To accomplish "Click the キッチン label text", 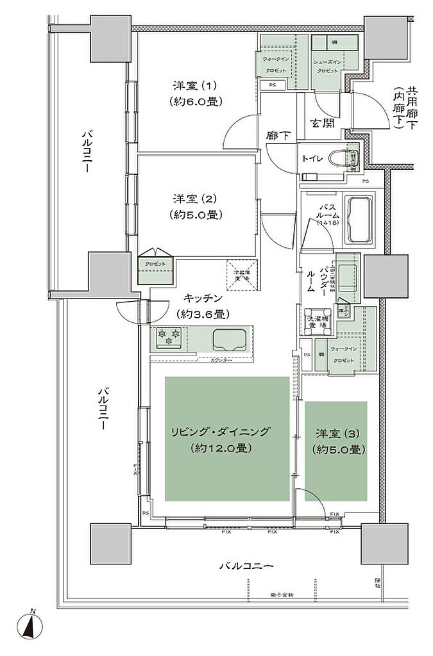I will coord(202,298).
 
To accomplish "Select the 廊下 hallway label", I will coord(278,135).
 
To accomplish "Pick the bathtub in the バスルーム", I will coord(362,220).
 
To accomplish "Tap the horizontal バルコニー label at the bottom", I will coord(246,566).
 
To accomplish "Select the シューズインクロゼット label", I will coord(328,65).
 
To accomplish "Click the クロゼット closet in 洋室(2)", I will coord(155,265).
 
